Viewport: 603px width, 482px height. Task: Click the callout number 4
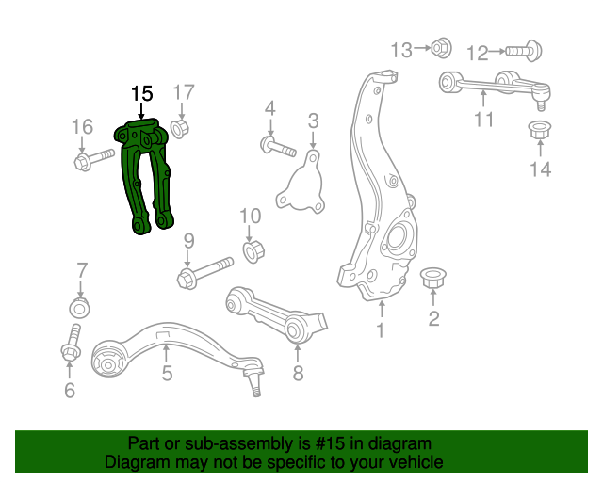tap(269, 109)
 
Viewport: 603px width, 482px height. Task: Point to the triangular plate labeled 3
tap(302, 187)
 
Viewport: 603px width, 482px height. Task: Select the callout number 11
tap(483, 120)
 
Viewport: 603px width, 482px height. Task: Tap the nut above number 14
tap(540, 131)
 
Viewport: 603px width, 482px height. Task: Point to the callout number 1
tap(381, 330)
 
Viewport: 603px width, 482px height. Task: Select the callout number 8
tap(298, 375)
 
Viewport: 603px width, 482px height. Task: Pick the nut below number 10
tap(252, 251)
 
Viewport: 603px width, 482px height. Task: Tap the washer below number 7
tap(80, 308)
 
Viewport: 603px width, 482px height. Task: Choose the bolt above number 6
tap(71, 345)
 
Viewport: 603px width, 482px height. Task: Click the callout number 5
tap(166, 374)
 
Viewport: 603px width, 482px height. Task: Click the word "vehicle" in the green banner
tap(408, 463)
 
